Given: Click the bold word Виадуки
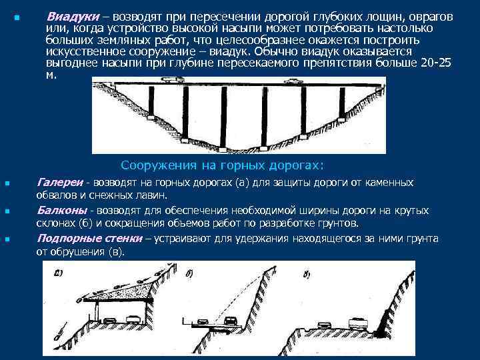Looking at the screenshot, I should coord(73,15).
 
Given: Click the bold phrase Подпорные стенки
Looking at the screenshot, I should coord(89,238).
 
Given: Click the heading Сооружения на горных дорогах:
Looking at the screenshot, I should coord(222,165).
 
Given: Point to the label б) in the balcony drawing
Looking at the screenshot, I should coord(191,273).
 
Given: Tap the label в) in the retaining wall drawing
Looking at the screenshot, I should coord(306,273).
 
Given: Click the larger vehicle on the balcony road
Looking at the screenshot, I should coord(231,321).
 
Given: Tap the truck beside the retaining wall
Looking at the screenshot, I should coord(354,322).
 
